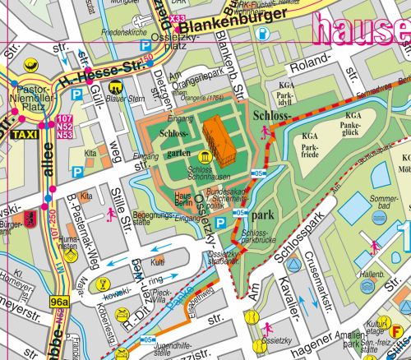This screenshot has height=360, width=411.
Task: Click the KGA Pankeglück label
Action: coord(353,122)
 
